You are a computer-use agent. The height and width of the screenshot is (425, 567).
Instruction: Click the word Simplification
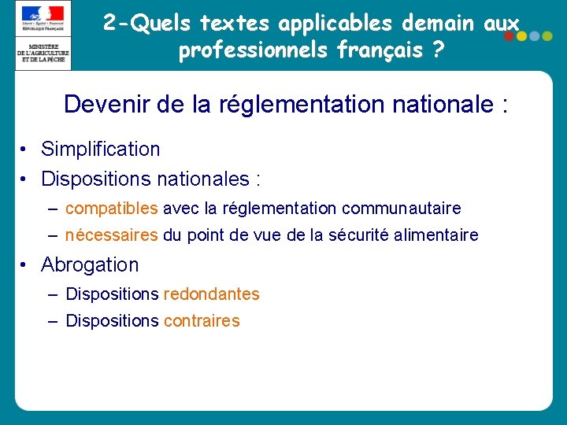(x=100, y=149)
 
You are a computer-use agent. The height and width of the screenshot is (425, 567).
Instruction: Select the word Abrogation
(x=89, y=264)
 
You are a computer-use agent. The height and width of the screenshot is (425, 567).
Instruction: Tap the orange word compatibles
(x=112, y=209)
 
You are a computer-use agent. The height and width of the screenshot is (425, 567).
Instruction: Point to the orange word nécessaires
(x=111, y=235)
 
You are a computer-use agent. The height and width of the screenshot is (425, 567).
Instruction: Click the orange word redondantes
(x=211, y=294)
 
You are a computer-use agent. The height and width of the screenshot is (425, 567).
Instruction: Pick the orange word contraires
(x=201, y=321)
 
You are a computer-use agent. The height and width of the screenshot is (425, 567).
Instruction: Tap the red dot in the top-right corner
(x=509, y=36)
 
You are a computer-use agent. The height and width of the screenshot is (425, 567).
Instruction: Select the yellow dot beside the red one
(x=521, y=36)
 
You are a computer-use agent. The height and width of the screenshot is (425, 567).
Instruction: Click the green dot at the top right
(x=546, y=36)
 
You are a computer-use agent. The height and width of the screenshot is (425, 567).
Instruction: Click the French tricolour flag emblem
(x=43, y=14)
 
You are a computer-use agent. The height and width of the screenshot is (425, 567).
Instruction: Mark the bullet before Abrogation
(x=26, y=265)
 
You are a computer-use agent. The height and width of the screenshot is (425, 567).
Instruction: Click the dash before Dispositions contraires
(x=52, y=321)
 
